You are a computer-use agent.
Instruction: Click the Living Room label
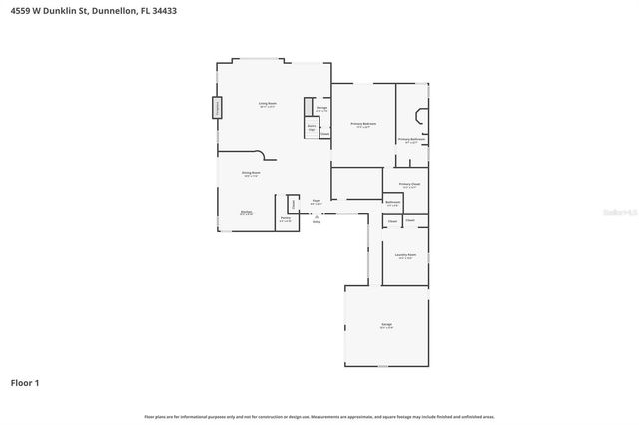[267, 103]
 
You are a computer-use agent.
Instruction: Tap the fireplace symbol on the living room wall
[216, 108]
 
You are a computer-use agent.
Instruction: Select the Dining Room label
[251, 173]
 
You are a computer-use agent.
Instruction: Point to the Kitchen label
[246, 212]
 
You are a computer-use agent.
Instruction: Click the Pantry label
[285, 218]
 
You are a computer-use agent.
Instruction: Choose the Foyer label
[316, 201]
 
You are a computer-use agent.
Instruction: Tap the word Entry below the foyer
[317, 221]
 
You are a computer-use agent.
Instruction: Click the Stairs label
[311, 128]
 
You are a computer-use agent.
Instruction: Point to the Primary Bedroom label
[361, 124]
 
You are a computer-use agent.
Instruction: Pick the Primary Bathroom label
[412, 140]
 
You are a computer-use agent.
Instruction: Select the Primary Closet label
[409, 184]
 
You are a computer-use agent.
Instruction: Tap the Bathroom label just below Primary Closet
[393, 203]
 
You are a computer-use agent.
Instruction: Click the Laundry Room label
[404, 255]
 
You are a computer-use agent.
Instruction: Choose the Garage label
[386, 325]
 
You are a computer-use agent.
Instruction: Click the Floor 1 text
[25, 382]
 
